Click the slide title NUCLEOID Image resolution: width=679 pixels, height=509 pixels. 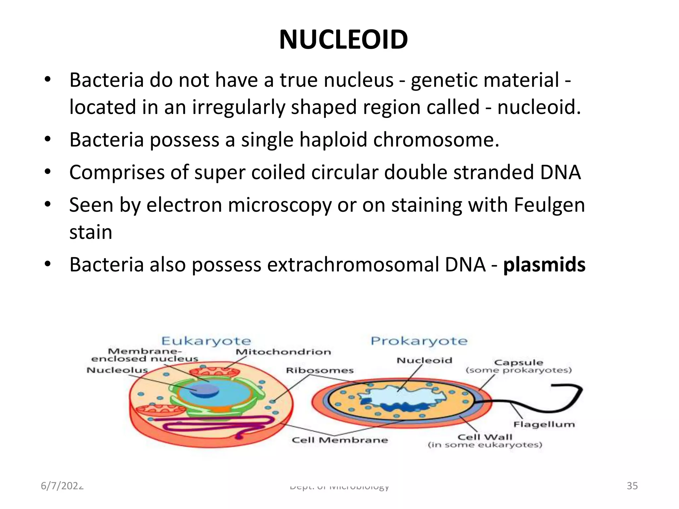[343, 40]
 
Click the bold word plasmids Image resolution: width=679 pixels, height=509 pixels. [544, 265]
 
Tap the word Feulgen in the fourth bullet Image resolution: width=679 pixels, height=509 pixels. [549, 205]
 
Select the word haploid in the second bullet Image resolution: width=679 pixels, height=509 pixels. [333, 140]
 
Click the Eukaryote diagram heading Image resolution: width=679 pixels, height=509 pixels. [206, 341]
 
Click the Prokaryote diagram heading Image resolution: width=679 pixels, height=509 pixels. [419, 341]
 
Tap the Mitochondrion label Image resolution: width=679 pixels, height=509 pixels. [283, 352]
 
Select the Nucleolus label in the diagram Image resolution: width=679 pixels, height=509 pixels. [117, 370]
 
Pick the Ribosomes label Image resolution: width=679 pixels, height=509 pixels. [320, 370]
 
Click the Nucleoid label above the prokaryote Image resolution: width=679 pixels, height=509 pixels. [424, 361]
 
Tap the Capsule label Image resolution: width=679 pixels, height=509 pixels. [519, 363]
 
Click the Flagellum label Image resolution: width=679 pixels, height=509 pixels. [544, 424]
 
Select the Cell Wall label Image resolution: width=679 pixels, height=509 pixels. [485, 437]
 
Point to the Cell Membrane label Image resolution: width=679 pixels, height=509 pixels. [339, 440]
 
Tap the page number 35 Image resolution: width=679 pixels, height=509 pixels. [632, 486]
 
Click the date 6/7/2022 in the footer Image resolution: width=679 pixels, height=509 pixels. [62, 486]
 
